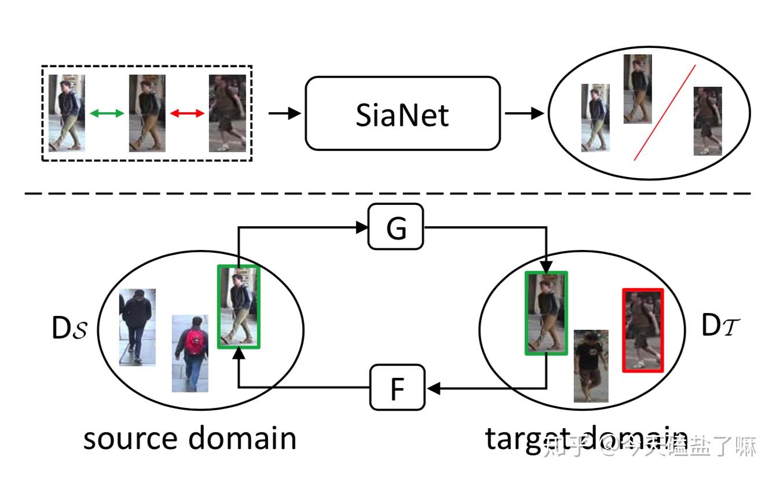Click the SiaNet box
(402, 113)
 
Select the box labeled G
(396, 227)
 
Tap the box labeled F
(397, 388)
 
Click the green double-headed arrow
(107, 114)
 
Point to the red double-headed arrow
(187, 114)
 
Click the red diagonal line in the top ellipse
(665, 112)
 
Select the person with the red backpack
(191, 353)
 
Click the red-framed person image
(643, 330)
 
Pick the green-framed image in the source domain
(239, 306)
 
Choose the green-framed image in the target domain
(546, 312)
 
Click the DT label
(719, 327)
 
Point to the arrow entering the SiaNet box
(284, 113)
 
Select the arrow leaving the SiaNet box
(524, 113)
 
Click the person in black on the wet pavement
(137, 327)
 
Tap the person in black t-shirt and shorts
(591, 366)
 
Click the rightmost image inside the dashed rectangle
(228, 113)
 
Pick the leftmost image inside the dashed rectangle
(67, 113)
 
